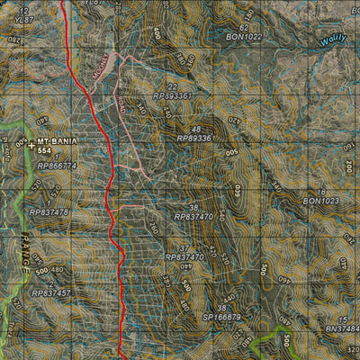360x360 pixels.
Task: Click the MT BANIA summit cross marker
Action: (31, 143)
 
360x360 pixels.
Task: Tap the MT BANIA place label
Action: (58, 142)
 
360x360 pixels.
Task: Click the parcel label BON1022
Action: (244, 37)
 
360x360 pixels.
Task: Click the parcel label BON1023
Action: (321, 202)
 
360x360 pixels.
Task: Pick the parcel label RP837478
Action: (49, 212)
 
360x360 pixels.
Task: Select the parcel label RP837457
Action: (50, 293)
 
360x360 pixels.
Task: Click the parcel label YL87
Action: (24, 18)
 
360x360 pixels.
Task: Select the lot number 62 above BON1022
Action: (244, 28)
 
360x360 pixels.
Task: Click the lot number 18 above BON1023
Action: (321, 193)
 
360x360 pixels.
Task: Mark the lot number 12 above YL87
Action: (24, 9)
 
